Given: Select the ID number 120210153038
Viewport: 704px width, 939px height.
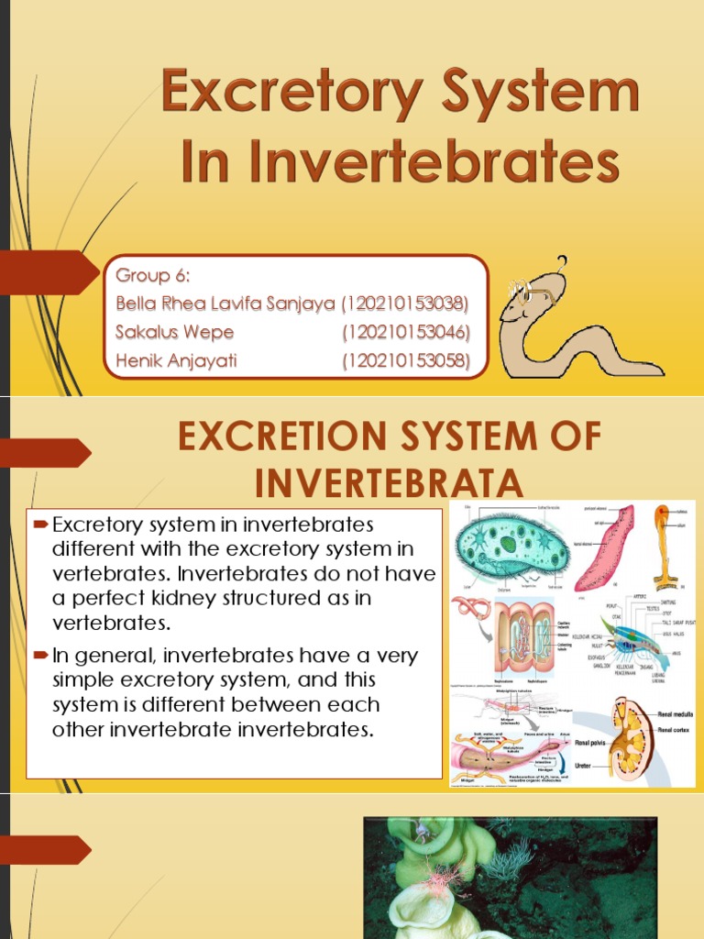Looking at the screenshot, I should point(405,304).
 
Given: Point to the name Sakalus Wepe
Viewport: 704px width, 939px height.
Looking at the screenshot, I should point(175,332).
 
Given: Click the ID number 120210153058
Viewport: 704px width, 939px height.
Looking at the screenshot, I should point(405,360).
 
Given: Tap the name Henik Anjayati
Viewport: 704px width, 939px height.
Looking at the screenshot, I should point(177,360).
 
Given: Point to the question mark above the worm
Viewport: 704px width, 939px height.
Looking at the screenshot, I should point(563,263).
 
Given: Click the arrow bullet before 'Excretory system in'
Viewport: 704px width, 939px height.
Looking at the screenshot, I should point(39,525).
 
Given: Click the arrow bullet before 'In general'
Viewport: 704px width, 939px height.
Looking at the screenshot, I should point(39,656).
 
